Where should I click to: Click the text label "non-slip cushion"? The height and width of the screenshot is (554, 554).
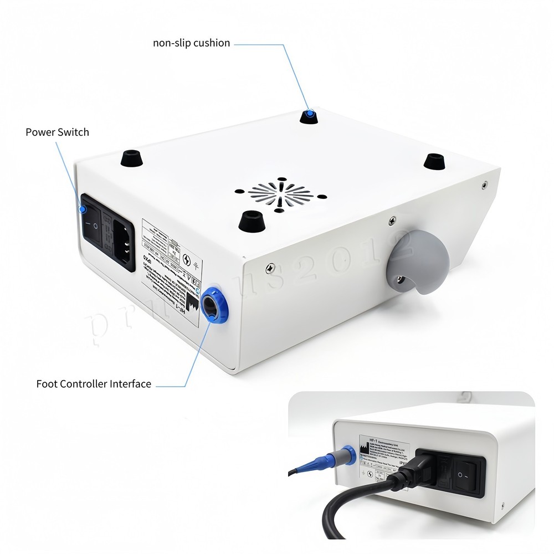191,43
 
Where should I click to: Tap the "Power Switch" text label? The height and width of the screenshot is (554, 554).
57,132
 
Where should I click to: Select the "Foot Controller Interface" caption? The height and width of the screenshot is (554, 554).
94,383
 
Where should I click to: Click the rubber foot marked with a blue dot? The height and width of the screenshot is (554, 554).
309,116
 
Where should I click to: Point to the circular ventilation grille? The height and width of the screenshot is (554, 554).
280,194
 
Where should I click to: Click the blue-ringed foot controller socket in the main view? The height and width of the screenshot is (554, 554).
213,304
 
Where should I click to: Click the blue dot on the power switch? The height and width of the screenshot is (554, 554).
82,209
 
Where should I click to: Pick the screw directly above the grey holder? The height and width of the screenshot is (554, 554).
392,220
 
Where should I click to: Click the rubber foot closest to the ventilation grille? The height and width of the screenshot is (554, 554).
250,220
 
